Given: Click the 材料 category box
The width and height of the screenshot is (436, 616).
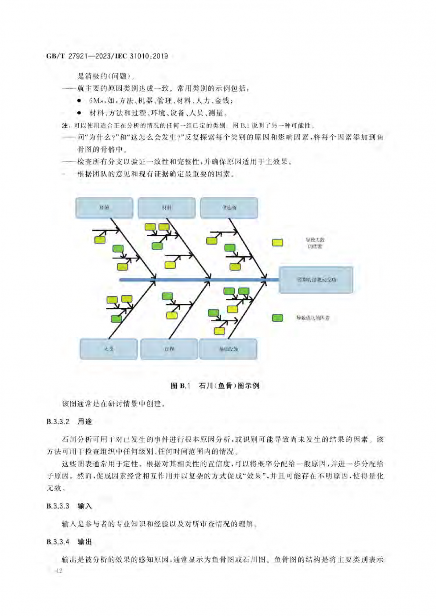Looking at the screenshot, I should [167, 208].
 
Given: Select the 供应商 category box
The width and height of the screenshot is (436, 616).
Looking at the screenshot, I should [229, 208].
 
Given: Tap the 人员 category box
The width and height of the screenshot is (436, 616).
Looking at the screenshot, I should [109, 349].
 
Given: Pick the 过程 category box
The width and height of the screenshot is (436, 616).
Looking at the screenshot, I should [169, 349].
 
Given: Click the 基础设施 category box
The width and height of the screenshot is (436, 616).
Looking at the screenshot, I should [228, 349].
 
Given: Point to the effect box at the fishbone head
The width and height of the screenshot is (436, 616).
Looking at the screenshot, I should [316, 280].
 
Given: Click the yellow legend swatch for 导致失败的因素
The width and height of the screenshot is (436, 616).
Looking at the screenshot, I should [278, 243].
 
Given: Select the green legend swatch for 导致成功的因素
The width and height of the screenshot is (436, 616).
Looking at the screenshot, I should [278, 318].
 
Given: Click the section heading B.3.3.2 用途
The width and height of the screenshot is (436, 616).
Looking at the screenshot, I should [69, 422].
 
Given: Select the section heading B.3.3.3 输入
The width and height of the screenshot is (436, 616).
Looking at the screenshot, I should [69, 506].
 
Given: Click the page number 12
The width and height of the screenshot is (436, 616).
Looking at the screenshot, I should [59, 571].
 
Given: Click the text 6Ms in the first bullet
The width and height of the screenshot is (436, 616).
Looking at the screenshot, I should [96, 101].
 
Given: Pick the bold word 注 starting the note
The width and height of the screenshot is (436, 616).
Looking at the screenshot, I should [65, 126].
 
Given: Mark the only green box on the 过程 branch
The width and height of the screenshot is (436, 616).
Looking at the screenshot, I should [167, 296].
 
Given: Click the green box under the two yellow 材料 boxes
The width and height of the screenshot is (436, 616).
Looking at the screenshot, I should [157, 246].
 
